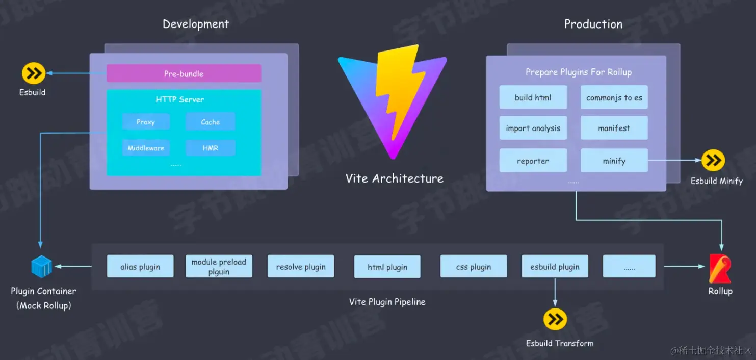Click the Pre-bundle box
[184, 73]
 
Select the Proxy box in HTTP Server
[146, 122]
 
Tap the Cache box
[210, 122]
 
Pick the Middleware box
[146, 148]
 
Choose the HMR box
[210, 148]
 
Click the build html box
[533, 97]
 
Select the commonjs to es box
[614, 97]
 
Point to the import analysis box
[533, 128]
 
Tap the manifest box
[614, 128]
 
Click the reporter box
[533, 161]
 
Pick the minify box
[614, 161]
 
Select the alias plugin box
[140, 266]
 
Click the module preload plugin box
[219, 266]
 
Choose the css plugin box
[474, 266]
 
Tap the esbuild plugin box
[555, 266]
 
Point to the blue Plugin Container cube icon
[42, 267]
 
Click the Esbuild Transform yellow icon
[555, 320]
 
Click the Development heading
[196, 24]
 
